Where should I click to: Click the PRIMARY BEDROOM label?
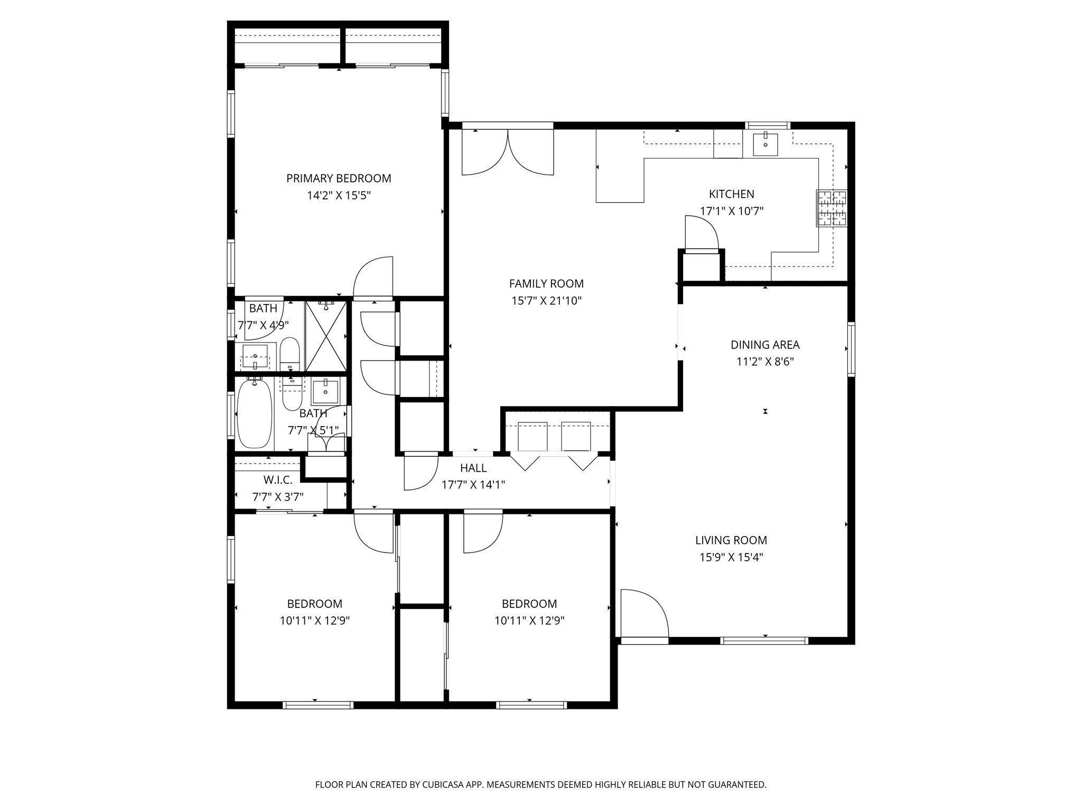339,178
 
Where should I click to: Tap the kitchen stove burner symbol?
832,208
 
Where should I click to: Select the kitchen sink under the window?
765,144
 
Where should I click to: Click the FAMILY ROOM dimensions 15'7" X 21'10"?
546,301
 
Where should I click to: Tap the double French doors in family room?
508,152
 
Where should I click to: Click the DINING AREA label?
764,345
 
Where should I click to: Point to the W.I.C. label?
277,480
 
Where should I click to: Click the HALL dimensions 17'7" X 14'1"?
473,485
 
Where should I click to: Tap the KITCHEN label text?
731,194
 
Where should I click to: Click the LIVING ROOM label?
731,540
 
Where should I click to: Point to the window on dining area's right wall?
851,349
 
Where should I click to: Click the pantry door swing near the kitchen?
701,232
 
